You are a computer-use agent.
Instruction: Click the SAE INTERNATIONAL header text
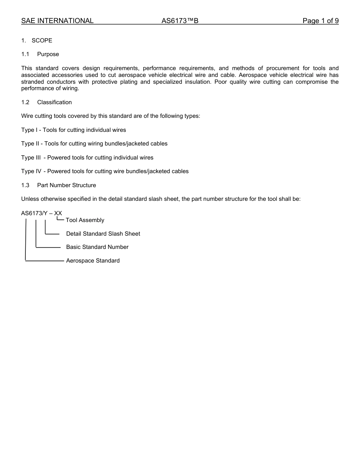tap(57, 21)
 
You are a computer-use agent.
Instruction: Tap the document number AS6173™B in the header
tap(180, 21)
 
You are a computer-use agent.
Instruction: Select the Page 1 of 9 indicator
tap(320, 21)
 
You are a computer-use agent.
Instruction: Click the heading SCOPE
tap(42, 41)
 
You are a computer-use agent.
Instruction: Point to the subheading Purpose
tap(48, 54)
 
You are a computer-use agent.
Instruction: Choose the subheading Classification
tap(54, 102)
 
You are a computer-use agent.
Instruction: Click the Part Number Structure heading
tap(66, 185)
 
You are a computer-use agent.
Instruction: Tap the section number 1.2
tap(25, 102)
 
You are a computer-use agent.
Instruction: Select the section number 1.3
tap(25, 185)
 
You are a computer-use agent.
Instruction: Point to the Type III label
tap(31, 158)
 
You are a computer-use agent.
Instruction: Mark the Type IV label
tap(31, 171)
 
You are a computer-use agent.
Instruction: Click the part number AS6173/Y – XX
tap(41, 213)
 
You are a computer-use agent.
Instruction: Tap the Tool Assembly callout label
tap(85, 220)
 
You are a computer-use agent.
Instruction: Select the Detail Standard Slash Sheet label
tap(103, 234)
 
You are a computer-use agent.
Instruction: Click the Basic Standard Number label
tap(97, 247)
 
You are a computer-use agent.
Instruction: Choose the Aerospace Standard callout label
tap(93, 261)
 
